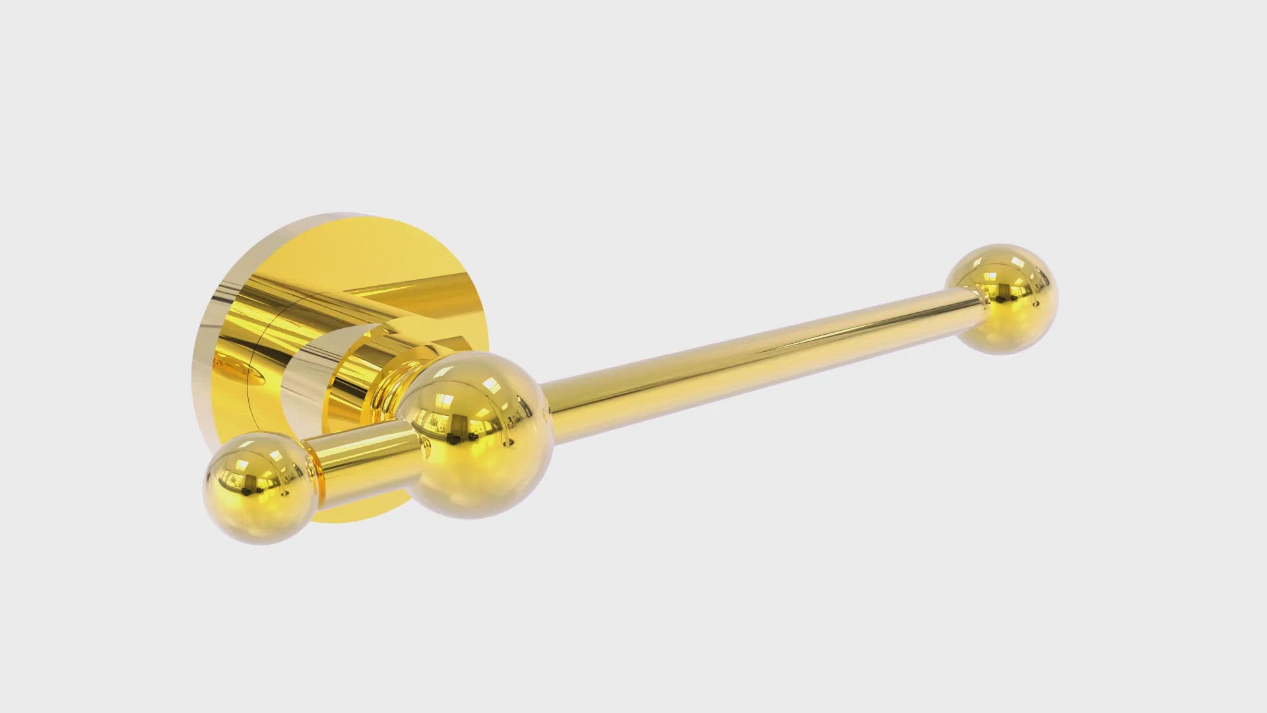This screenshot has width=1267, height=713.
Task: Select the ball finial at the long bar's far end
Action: [x=1003, y=298]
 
